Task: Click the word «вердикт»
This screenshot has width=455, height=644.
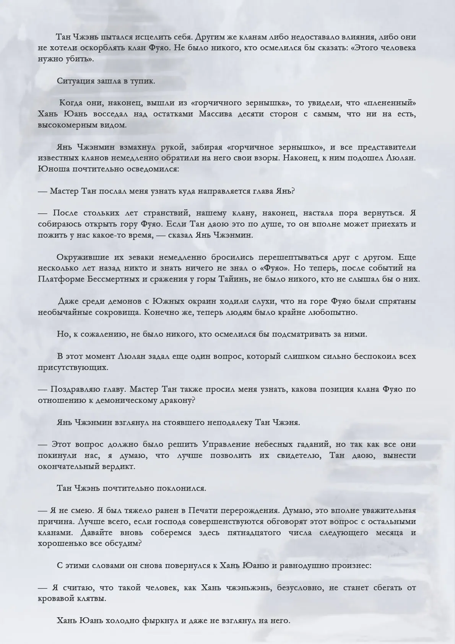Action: coord(117,467)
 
